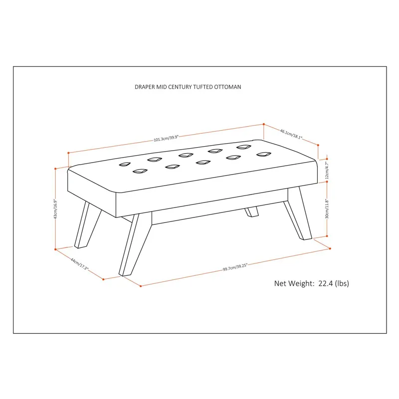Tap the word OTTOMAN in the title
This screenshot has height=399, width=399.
[x=227, y=87]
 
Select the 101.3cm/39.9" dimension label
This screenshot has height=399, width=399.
[x=166, y=138]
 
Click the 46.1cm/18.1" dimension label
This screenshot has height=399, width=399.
[x=291, y=134]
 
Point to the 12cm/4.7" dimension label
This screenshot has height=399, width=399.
[x=327, y=170]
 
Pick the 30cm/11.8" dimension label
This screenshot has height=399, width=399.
[x=327, y=209]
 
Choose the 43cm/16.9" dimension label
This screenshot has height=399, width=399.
[x=55, y=209]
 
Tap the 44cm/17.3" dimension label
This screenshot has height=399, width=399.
[x=79, y=264]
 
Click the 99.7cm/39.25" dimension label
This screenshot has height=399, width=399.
[x=235, y=267]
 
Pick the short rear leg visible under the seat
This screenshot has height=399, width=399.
[x=252, y=211]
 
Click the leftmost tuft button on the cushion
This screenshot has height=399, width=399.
[x=125, y=165]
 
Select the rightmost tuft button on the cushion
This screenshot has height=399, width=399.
[x=264, y=154]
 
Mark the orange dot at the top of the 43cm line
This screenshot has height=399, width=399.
[x=55, y=169]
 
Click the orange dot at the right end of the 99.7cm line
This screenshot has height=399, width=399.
[x=330, y=248]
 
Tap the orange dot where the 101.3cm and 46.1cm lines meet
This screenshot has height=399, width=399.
[x=264, y=124]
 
